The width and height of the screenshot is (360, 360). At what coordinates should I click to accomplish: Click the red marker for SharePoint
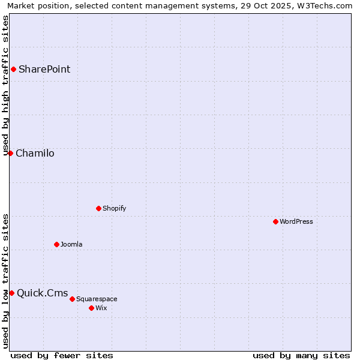(13, 69)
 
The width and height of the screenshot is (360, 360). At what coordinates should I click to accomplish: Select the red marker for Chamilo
(10, 153)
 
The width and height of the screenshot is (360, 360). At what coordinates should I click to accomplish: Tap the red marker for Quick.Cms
(11, 293)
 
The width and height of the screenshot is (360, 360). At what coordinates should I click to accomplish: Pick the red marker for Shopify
(98, 208)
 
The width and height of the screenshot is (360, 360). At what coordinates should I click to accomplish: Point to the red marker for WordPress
(275, 221)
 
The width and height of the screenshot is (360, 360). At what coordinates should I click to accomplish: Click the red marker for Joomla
(56, 244)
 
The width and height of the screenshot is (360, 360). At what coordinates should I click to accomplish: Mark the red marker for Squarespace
(72, 299)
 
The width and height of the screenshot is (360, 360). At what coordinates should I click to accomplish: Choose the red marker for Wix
(91, 308)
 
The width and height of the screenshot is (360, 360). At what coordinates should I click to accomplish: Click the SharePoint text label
(44, 69)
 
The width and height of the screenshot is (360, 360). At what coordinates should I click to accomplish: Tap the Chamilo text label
(35, 153)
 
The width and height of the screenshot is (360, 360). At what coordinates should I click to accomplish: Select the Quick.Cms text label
(42, 293)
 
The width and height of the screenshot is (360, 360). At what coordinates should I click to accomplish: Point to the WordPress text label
(296, 221)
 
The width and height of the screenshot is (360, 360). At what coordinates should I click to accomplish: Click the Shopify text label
(114, 208)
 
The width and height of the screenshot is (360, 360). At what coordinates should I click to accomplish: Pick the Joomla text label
(71, 244)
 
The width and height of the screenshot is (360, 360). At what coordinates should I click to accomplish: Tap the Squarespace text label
(97, 299)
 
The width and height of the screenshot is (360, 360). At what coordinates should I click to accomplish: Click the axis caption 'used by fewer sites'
(62, 355)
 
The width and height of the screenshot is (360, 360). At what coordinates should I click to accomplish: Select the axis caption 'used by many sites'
(301, 355)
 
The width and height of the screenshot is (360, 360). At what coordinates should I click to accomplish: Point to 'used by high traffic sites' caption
(5, 85)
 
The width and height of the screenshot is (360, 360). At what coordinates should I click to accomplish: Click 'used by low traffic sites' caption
(5, 281)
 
